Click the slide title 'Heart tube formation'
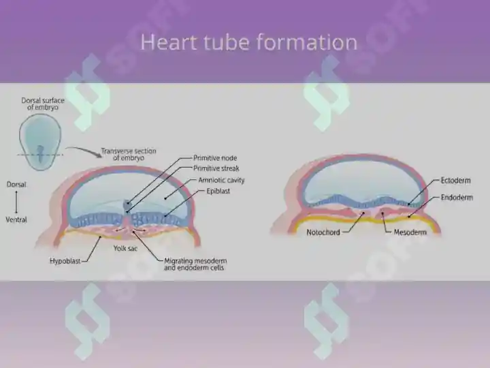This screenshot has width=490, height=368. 249,42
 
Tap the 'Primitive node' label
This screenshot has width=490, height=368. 215,158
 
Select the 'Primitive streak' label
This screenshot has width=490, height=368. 216,168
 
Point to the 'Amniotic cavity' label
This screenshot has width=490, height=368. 221,180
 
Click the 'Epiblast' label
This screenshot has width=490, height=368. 218,191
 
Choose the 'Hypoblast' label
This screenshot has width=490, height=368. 65,261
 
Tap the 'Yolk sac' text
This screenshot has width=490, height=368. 125,249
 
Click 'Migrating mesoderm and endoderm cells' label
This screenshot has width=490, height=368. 195,264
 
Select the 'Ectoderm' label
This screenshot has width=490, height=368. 455,181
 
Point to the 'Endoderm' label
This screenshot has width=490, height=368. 457,198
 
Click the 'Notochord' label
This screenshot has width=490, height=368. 323,232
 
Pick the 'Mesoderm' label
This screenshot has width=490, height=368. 410,232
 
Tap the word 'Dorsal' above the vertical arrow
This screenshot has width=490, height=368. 16,185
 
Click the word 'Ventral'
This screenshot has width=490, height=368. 16,219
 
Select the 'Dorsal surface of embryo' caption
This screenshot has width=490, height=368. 43,104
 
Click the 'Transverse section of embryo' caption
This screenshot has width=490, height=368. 129,154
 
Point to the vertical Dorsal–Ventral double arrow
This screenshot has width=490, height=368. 16,202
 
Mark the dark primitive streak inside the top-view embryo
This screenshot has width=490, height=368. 40,153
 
